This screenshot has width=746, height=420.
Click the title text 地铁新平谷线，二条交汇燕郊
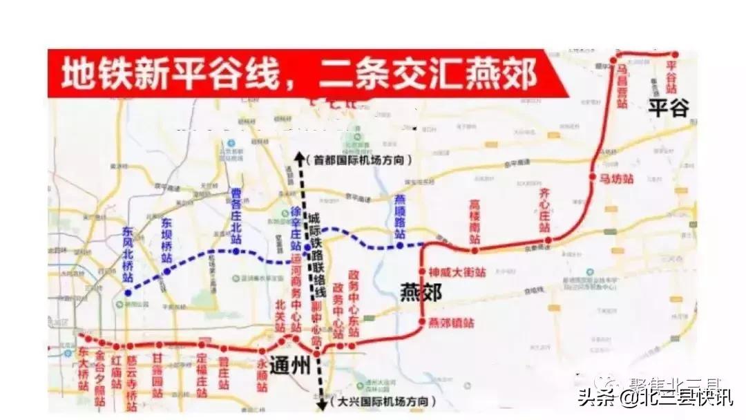(x=299, y=74)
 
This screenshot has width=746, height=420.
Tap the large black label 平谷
(x=668, y=106)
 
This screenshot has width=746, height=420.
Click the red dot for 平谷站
(x=675, y=55)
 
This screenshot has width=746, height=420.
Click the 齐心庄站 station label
(x=544, y=211)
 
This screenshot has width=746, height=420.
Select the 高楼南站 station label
(x=475, y=221)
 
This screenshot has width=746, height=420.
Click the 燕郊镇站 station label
(x=451, y=323)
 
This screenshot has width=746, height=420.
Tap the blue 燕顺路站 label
(x=399, y=218)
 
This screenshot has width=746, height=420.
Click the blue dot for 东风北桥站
(x=127, y=294)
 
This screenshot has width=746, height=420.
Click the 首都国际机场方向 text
(x=363, y=160)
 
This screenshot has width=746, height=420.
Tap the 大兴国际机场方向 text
(x=383, y=401)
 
